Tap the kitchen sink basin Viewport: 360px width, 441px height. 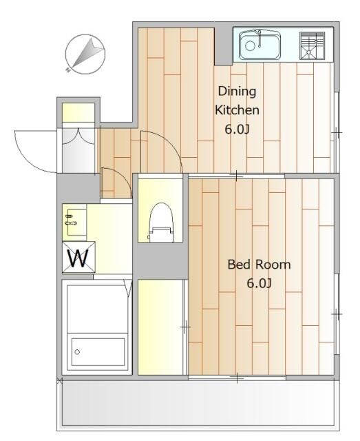(x=260, y=45)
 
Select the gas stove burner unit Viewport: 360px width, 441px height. (x=313, y=46)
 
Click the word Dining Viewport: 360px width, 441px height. (x=237, y=92)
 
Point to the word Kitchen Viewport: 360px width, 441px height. (x=237, y=110)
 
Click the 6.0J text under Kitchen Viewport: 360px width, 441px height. (x=237, y=130)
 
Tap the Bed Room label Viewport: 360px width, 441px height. (x=259, y=265)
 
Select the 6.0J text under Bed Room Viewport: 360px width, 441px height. (x=259, y=283)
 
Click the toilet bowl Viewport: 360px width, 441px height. (x=161, y=222)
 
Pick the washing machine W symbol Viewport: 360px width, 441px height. (x=78, y=257)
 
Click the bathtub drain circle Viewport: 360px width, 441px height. (x=77, y=351)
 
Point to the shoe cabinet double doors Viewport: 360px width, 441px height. (x=78, y=136)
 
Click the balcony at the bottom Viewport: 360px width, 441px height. (x=198, y=405)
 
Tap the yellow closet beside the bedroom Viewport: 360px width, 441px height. (x=161, y=327)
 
